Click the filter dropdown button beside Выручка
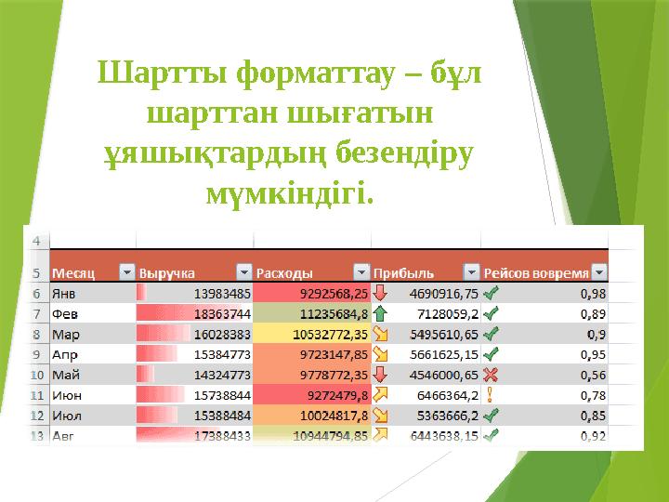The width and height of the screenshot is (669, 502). pyautogui.click(x=243, y=273)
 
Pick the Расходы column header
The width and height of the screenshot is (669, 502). pyautogui.click(x=283, y=273)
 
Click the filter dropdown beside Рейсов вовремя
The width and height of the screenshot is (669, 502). pyautogui.click(x=599, y=273)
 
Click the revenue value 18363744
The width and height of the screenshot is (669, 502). pyautogui.click(x=222, y=313)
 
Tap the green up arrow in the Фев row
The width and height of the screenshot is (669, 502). pyautogui.click(x=382, y=313)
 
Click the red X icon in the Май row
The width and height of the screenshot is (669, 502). pyautogui.click(x=490, y=374)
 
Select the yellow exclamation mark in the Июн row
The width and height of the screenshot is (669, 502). pyautogui.click(x=490, y=394)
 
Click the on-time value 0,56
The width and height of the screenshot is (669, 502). pyautogui.click(x=593, y=374)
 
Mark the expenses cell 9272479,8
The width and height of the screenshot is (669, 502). pyautogui.click(x=335, y=394)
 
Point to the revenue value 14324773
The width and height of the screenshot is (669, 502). pyautogui.click(x=222, y=374)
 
